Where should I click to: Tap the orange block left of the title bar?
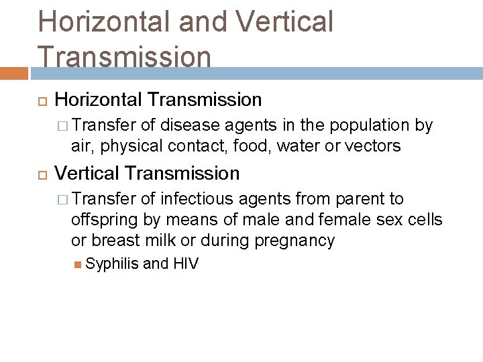tap(14, 73)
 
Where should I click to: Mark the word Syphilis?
tap(112, 264)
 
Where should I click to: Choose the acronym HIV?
tap(185, 264)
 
